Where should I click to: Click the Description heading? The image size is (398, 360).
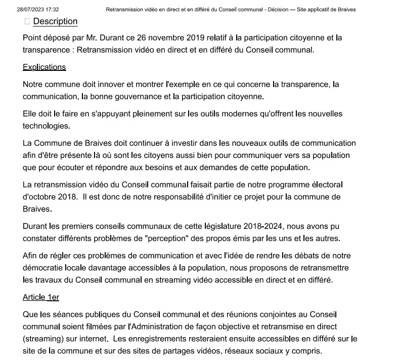[55, 21]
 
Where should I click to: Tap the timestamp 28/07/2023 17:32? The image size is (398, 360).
[38, 10]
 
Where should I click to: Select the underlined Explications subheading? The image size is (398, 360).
[44, 67]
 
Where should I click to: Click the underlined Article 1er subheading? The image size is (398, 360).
[41, 297]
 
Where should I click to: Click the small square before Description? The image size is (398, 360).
[27, 21]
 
